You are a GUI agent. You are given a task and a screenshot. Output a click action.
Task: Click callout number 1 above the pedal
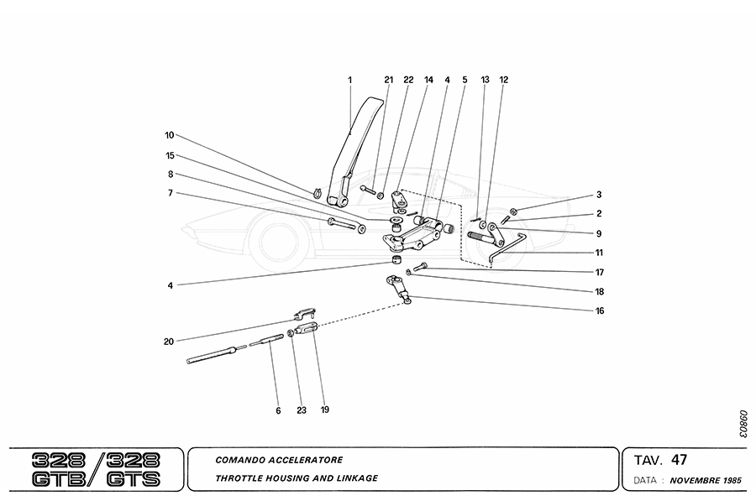point(350,80)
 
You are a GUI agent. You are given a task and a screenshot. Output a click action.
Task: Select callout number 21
point(388,80)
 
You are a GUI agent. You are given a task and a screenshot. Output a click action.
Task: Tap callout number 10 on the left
point(169,135)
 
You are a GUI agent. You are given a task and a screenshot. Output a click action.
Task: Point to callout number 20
point(169,342)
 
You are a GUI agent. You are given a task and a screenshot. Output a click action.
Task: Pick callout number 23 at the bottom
point(301,410)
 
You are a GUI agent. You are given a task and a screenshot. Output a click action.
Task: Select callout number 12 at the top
point(504,80)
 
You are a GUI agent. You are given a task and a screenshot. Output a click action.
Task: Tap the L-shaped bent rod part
point(504,245)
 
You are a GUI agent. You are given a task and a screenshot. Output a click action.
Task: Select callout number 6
point(277,410)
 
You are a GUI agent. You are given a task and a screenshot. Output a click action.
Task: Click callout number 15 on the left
point(169,155)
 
